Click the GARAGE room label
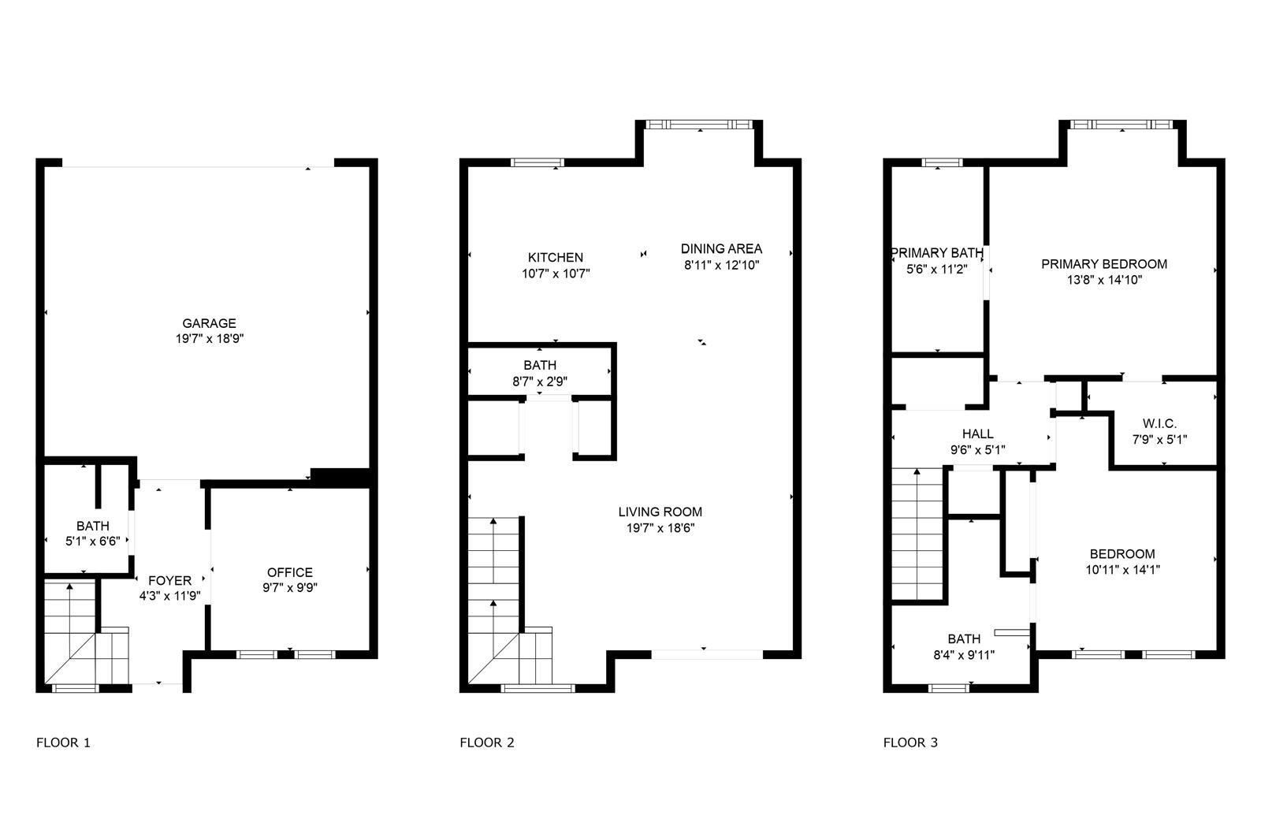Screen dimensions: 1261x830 209,323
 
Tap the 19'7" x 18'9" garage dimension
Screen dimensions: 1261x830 210,339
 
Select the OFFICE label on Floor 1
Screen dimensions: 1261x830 290,573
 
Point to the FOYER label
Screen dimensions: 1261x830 170,581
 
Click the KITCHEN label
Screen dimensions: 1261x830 556,258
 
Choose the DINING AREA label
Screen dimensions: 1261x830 722,249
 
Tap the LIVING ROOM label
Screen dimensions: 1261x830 660,512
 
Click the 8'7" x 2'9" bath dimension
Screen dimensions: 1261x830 540,382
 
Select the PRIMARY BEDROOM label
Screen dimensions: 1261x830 1104,264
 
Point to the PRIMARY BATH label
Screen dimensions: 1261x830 937,253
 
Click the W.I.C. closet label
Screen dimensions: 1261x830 1159,424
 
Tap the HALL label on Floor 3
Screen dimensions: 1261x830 978,434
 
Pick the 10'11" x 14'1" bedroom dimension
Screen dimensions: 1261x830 1123,570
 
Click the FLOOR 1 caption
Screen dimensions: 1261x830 63,743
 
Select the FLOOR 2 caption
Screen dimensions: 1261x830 487,743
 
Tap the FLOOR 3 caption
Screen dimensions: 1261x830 910,743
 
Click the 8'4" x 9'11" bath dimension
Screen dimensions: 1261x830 965,655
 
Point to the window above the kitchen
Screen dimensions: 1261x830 538,162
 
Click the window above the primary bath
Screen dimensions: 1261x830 943,162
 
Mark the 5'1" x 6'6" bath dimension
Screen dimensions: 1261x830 93,542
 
